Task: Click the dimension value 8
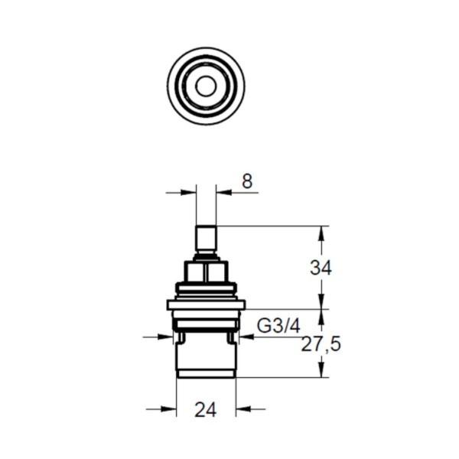point(246,182)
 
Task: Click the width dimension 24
point(205,410)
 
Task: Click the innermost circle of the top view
point(205,86)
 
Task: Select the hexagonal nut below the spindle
point(206,272)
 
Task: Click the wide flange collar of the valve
point(206,304)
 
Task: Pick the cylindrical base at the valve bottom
point(206,360)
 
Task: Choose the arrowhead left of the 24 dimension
point(171,409)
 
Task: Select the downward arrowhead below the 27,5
point(321,371)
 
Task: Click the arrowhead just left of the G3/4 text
point(244,336)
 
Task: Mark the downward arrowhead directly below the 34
point(321,303)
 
